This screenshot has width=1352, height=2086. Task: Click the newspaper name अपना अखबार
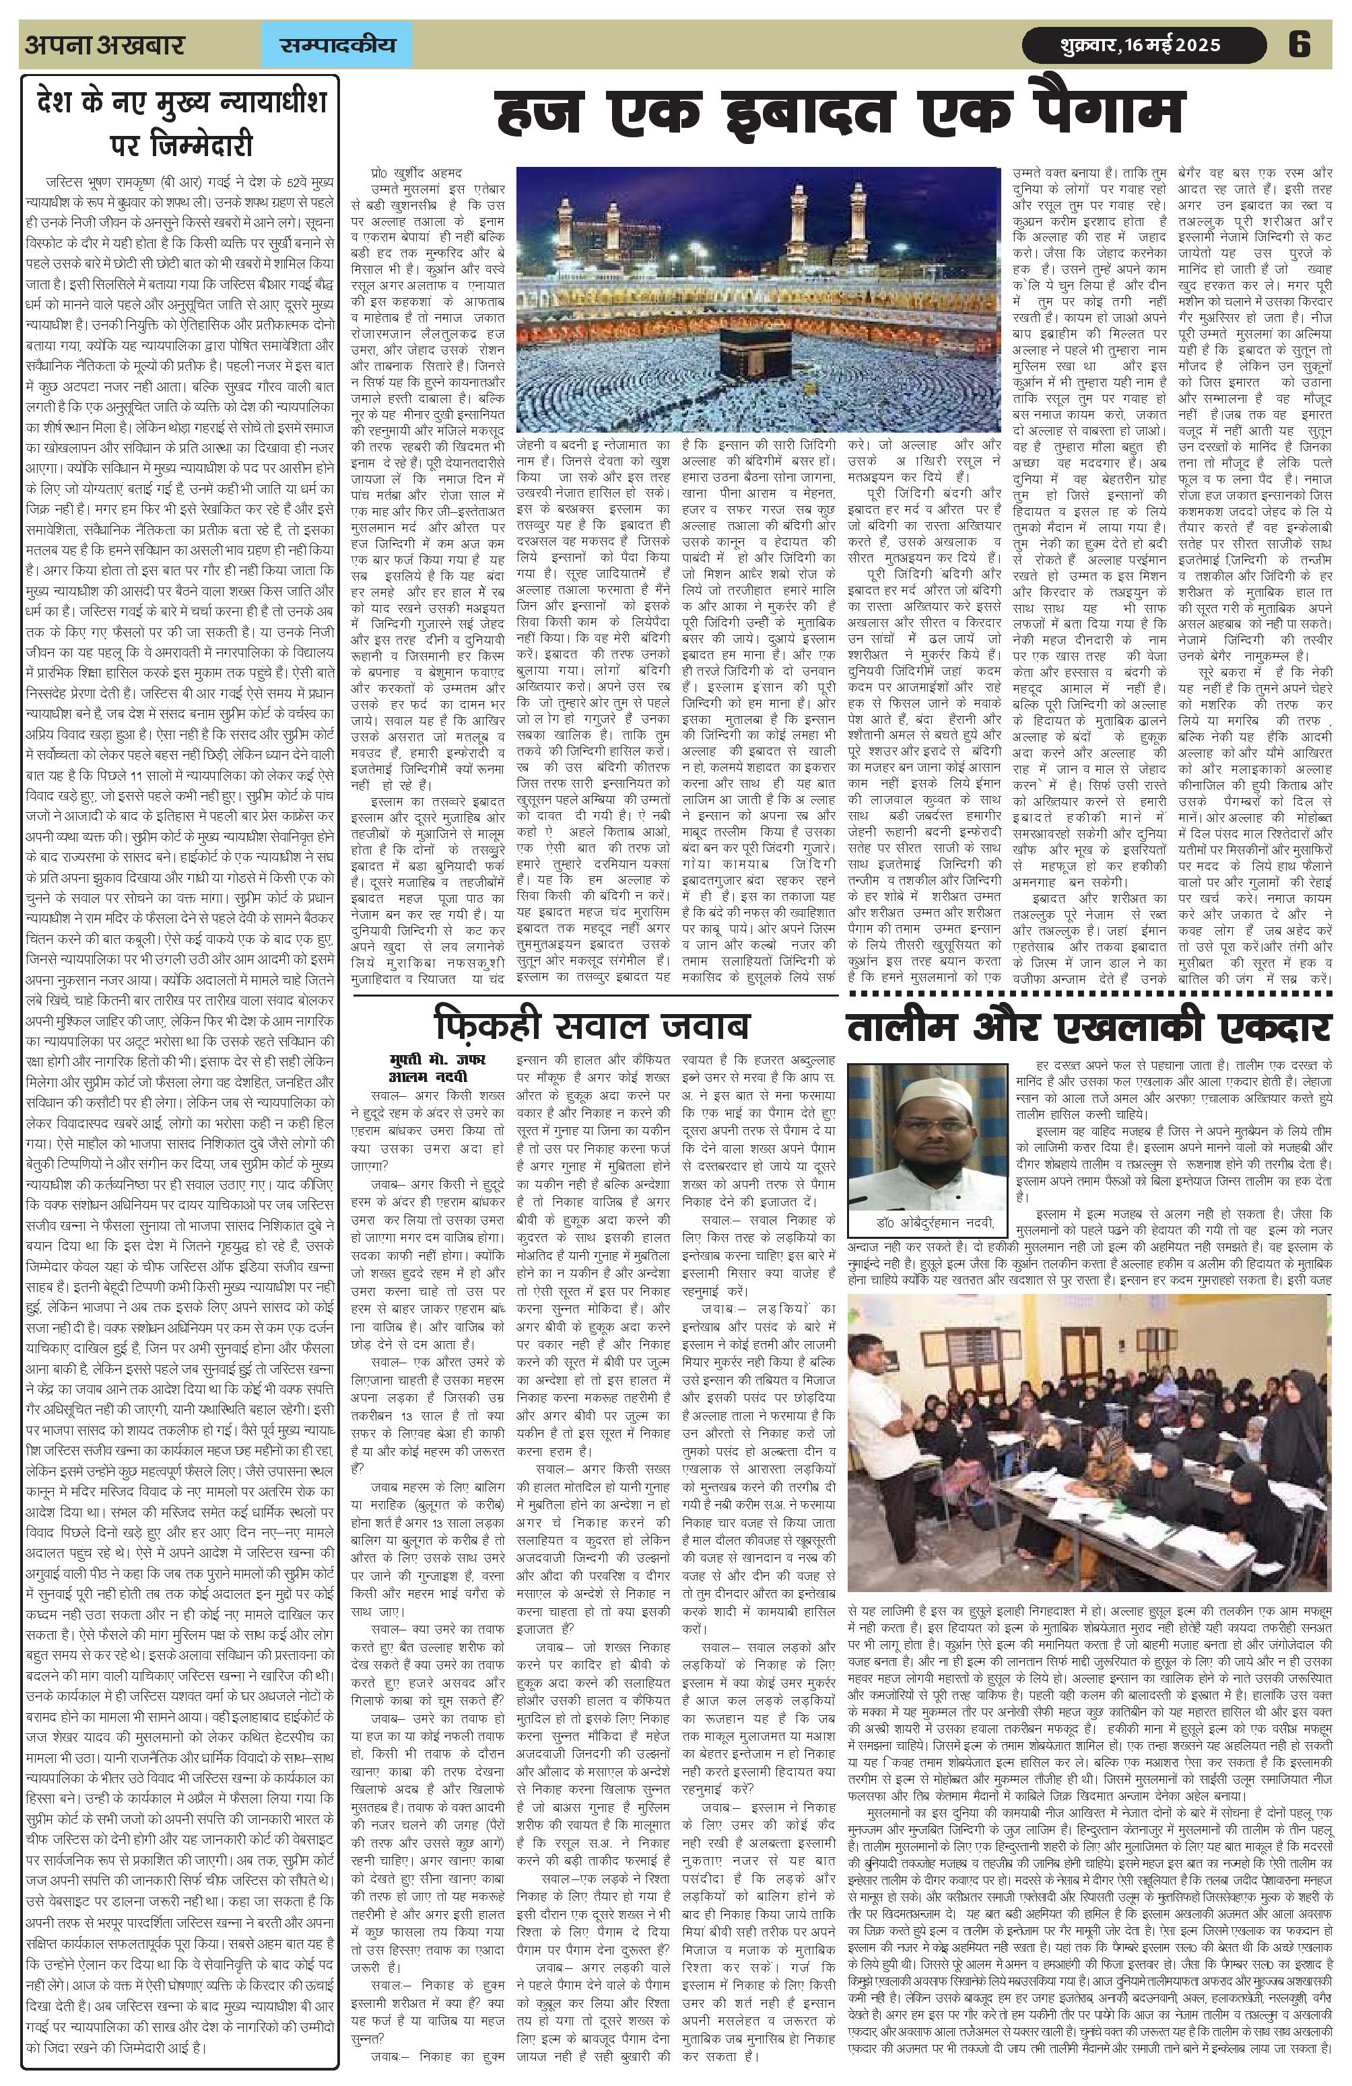pyautogui.click(x=104, y=44)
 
